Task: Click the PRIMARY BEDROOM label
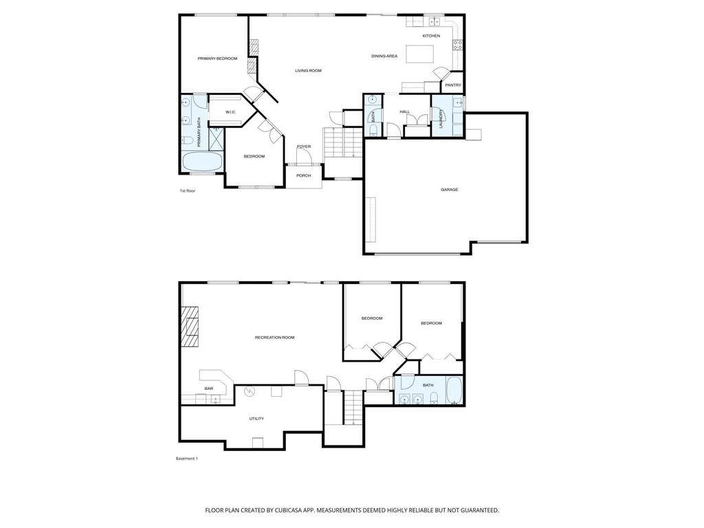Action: coord(217,59)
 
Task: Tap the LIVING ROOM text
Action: coord(308,71)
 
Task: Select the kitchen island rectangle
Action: coord(420,54)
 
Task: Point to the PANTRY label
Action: coord(453,85)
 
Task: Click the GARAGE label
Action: coord(449,190)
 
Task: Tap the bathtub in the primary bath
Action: coord(203,162)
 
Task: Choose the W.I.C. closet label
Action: coord(230,112)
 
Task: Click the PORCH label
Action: coord(303,175)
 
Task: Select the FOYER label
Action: coord(303,147)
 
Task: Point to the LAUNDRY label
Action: coord(441,120)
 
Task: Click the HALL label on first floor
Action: coord(404,112)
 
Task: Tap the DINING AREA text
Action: coord(384,56)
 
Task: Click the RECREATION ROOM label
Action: coord(274,338)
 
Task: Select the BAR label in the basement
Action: coord(209,389)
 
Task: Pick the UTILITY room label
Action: coord(256,419)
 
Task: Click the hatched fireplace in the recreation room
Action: coord(190,327)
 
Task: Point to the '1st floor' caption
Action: coord(188,191)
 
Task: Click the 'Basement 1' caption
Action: coord(186,459)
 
